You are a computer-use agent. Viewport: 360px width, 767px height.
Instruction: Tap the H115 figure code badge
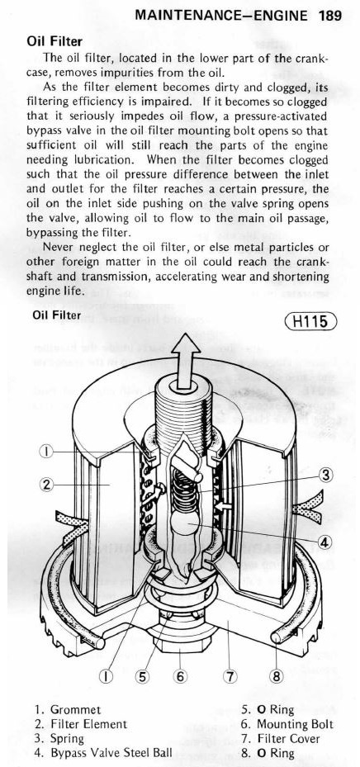pos(310,321)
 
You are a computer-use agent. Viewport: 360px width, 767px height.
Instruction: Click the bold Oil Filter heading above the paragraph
pos(54,42)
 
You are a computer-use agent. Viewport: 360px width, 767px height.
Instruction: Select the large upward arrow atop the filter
pos(186,361)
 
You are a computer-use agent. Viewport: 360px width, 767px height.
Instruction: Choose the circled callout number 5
pos(142,676)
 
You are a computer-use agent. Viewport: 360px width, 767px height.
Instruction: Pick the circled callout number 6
pos(180,676)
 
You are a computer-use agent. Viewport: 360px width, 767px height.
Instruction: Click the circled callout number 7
pos(230,676)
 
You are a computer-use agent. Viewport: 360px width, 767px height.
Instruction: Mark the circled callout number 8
pos(277,676)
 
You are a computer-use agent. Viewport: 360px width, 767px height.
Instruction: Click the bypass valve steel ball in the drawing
pos(185,524)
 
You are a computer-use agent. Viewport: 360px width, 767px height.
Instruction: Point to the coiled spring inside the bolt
pos(185,490)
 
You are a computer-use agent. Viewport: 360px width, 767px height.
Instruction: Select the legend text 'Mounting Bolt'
pos(295,723)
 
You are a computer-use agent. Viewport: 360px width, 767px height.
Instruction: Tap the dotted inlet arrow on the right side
pos(307,508)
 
